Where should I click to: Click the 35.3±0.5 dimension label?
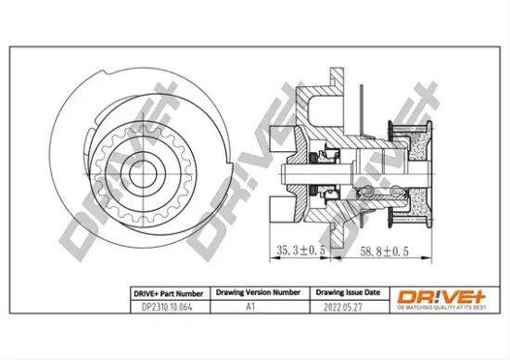coord(302,249)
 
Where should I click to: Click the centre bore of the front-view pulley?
coord(141,173)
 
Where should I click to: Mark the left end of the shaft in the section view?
coord(285,173)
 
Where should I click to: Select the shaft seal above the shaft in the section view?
coord(326,154)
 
